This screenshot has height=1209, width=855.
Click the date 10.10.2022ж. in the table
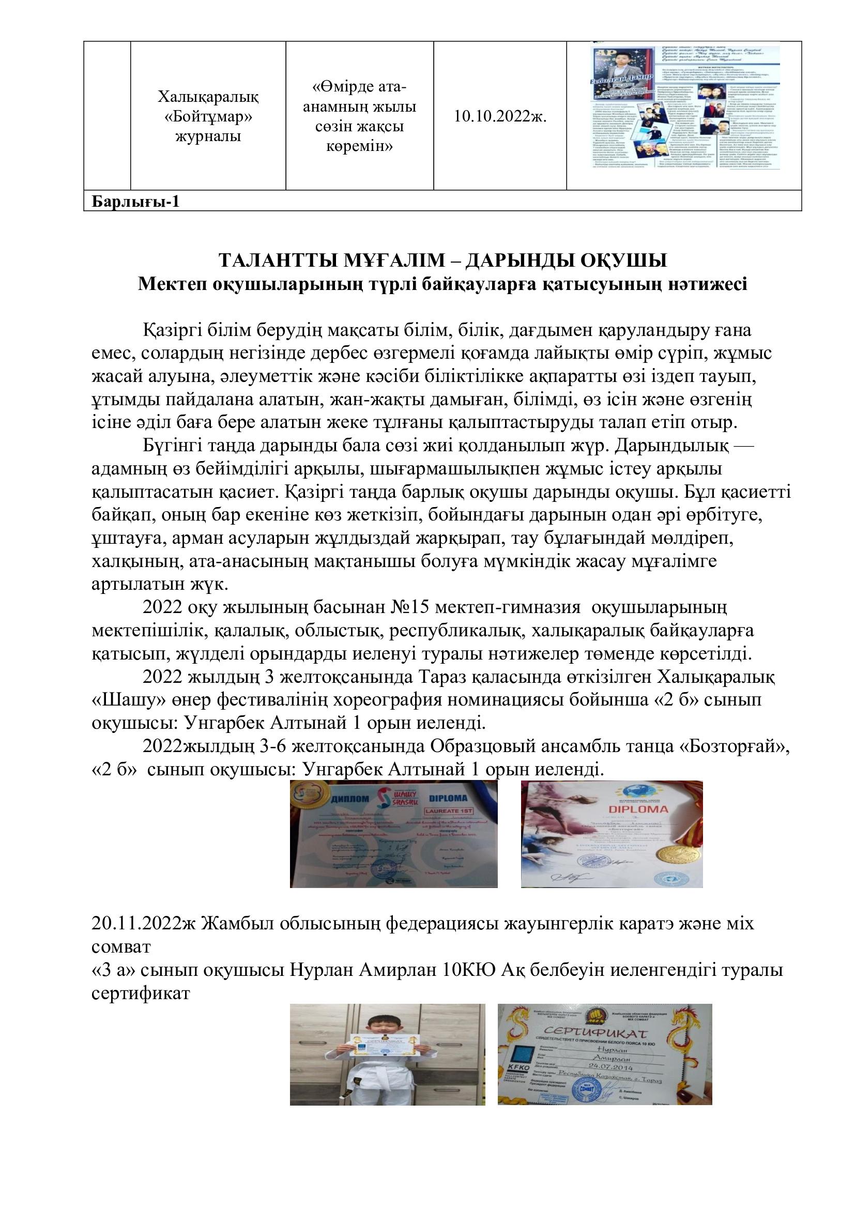[500, 116]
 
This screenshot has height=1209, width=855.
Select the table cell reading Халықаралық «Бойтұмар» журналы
[208, 116]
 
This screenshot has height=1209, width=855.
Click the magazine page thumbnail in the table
[684, 108]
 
